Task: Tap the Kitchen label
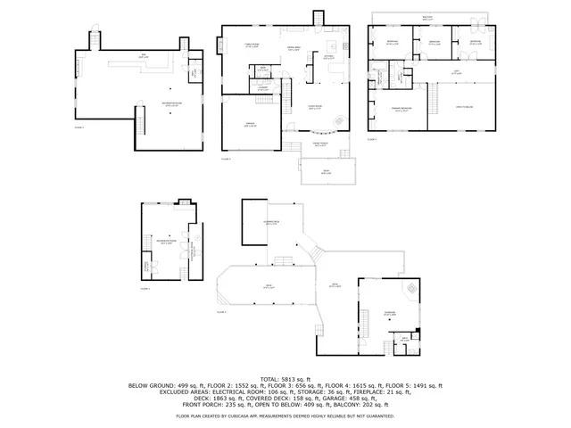coord(328,57)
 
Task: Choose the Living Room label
coord(315,108)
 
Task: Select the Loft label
coord(455,74)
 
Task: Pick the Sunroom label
coord(390,312)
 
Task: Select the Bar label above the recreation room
coord(143,57)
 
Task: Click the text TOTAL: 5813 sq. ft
coord(285,379)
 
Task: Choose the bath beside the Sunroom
coord(404,339)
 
